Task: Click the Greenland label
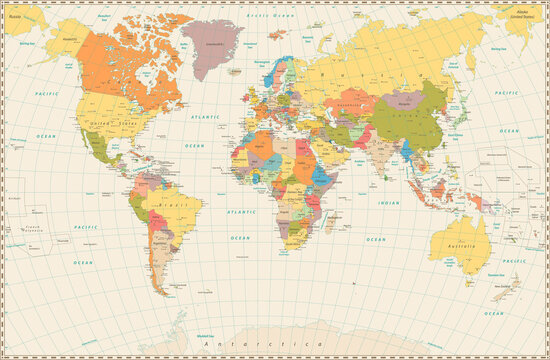tap(213, 45)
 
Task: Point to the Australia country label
tap(462, 247)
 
